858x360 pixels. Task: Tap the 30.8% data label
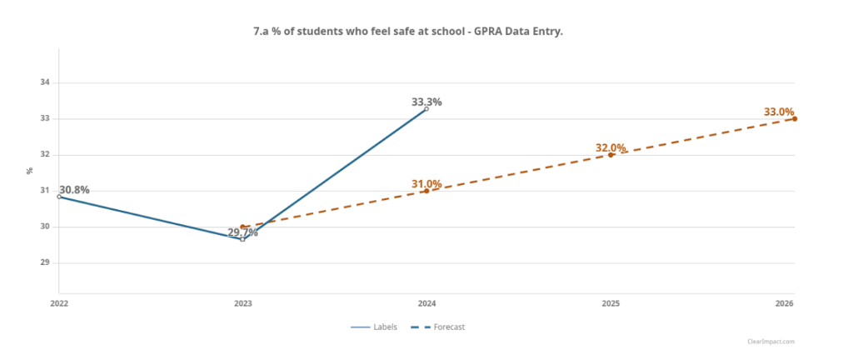coord(74,190)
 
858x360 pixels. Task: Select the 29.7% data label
coord(242,232)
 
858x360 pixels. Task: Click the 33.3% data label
coord(427,102)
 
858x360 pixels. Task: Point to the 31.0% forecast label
coord(427,184)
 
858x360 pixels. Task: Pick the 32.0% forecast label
coord(611,148)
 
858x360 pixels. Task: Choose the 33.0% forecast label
coord(779,112)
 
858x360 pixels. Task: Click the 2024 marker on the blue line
coord(427,108)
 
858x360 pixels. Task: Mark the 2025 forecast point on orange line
coord(611,155)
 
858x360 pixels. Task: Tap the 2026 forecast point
coord(795,118)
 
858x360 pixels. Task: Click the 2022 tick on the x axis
coord(58,303)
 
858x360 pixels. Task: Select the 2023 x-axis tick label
coord(242,303)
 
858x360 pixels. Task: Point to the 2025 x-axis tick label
coord(611,303)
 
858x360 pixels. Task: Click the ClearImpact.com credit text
coord(771,342)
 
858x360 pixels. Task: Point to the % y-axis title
coord(30,171)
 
